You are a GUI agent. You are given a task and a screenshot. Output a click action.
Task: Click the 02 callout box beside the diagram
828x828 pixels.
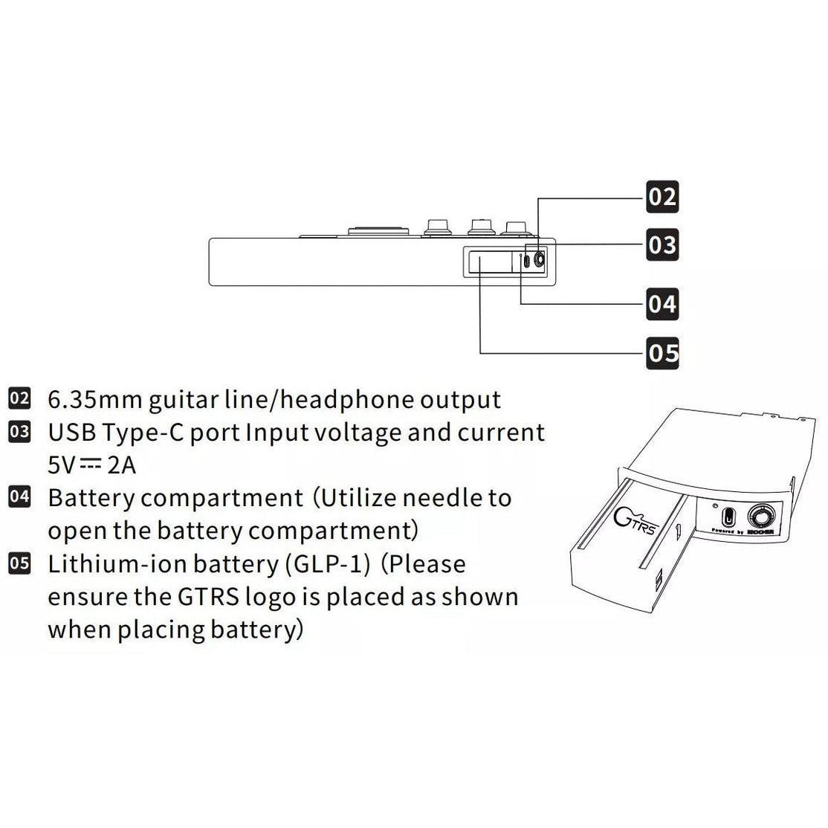pyautogui.click(x=662, y=197)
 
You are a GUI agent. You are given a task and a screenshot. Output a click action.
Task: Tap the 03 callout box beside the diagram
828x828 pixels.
pyautogui.click(x=662, y=245)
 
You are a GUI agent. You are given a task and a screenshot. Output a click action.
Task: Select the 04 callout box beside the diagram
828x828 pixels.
pyautogui.click(x=662, y=305)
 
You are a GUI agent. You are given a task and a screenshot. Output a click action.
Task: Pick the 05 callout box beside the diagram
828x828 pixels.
pyautogui.click(x=662, y=352)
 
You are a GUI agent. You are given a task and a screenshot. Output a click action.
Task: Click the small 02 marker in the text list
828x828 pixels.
pyautogui.click(x=19, y=398)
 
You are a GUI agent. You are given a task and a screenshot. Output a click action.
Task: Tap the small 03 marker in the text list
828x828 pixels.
pyautogui.click(x=19, y=432)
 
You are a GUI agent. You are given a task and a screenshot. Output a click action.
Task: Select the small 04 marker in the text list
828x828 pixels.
pyautogui.click(x=19, y=497)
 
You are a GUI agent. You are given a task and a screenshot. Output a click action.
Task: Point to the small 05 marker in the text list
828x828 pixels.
pyautogui.click(x=19, y=563)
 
